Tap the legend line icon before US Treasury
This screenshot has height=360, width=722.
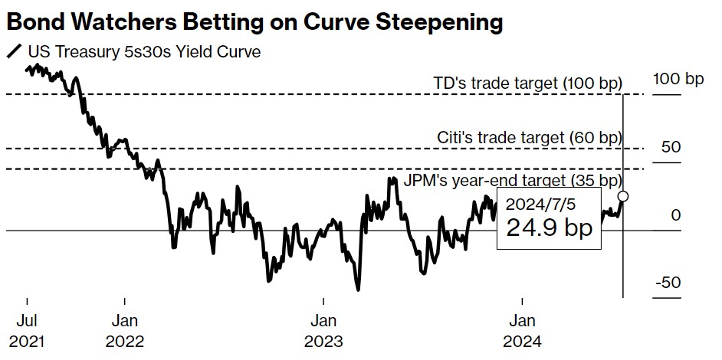(x=13, y=53)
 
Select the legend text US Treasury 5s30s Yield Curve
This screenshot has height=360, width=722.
(x=144, y=52)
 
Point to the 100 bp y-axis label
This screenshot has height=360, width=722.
(x=678, y=79)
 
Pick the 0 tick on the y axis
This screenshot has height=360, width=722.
(x=675, y=215)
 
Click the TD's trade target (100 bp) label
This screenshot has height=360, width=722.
(x=527, y=83)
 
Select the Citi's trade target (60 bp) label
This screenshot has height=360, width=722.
(x=529, y=138)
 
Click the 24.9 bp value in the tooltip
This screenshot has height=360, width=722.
(x=549, y=228)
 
